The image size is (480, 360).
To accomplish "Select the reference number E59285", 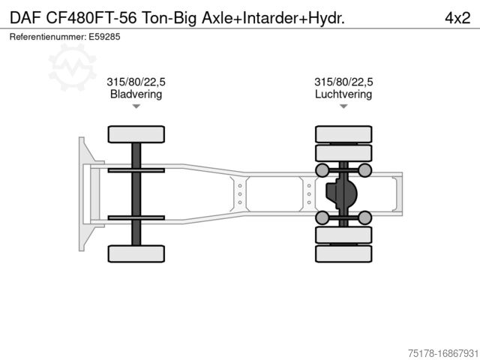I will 104,36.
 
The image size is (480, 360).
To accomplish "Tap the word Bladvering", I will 136,94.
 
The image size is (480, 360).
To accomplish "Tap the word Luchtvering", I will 343,94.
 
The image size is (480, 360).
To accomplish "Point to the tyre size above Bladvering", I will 136,82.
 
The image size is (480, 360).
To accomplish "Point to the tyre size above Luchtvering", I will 343,82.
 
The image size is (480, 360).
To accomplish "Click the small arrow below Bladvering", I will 136,107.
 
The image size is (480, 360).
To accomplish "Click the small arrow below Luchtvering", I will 343,107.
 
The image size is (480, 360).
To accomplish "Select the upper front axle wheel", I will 136,134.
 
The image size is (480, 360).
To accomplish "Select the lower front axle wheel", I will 136,253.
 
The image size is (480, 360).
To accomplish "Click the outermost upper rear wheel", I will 343,134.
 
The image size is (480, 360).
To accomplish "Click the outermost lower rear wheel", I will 343,253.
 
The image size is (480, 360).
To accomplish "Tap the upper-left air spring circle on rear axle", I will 322,170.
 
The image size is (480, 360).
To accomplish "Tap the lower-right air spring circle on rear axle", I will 364,217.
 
